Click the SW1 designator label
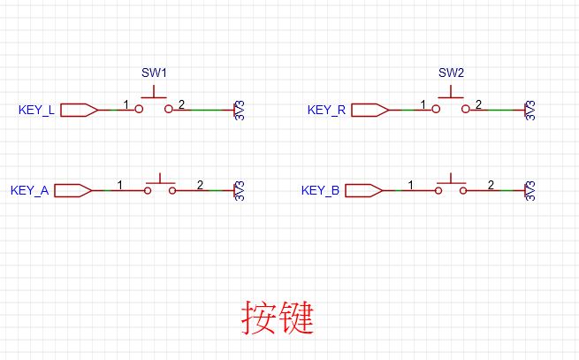[154, 73]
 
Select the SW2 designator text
[451, 73]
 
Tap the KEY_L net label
[36, 110]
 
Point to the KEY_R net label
[326, 110]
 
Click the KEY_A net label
[29, 190]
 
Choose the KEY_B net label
[320, 190]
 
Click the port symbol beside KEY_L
[79, 111]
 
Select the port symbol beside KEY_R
[370, 111]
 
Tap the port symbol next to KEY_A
[73, 190]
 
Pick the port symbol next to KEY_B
[364, 190]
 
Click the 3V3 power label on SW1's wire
[240, 111]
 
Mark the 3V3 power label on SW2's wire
[530, 111]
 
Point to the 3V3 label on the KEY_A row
[240, 191]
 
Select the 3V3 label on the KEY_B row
[530, 191]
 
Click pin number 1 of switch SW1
[126, 104]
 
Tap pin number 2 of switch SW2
[478, 104]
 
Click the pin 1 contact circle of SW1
[139, 109]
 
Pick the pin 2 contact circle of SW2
[466, 109]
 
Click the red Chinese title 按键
[278, 318]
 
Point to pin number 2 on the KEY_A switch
[200, 185]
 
